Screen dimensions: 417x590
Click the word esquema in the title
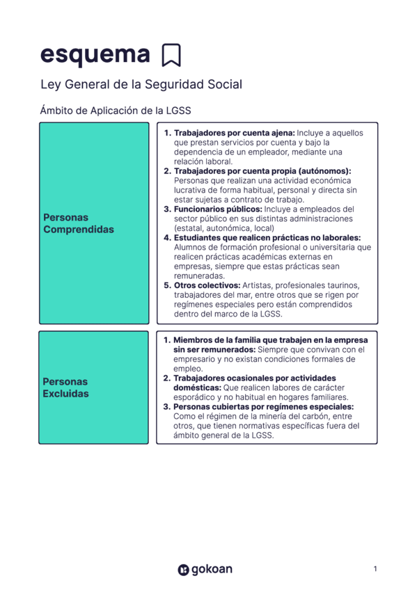(x=95, y=54)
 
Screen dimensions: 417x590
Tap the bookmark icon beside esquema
(x=171, y=55)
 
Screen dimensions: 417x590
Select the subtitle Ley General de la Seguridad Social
(x=141, y=85)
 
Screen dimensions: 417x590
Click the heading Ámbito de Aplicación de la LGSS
(x=116, y=110)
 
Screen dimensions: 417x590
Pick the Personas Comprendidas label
(x=78, y=223)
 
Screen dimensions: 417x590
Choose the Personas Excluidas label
(x=66, y=388)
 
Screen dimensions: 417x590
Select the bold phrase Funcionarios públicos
(x=217, y=209)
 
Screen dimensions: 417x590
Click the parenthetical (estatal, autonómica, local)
(x=224, y=228)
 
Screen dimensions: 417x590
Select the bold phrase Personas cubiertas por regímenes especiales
(x=263, y=406)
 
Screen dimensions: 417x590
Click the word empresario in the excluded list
(x=198, y=359)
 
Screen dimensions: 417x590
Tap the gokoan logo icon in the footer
(x=183, y=570)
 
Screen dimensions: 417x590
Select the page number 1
(x=375, y=569)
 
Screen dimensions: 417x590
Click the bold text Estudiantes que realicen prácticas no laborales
(x=267, y=237)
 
